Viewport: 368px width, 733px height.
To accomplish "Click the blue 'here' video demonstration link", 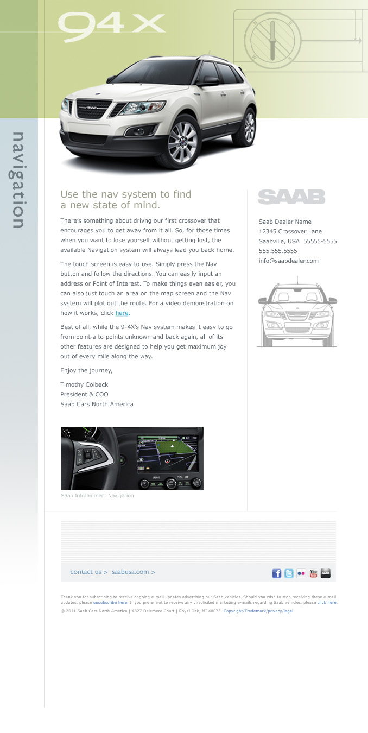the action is pos(122,313).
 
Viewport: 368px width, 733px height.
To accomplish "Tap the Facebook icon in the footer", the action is pos(276,573).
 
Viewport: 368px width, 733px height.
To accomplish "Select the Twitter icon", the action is pos(289,573).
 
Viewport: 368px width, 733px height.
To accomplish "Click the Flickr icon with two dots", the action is pos(301,573).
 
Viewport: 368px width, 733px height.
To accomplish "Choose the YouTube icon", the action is pos(313,573).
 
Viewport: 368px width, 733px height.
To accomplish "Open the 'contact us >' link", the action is pos(89,572).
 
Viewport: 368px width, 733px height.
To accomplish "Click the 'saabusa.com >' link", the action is pos(134,572).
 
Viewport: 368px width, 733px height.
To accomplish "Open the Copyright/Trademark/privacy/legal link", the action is pos(258,611).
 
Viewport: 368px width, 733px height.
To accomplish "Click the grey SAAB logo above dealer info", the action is pos(291,197).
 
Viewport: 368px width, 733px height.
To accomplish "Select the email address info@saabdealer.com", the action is pos(289,261).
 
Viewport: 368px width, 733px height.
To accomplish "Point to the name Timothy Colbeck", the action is pos(84,384).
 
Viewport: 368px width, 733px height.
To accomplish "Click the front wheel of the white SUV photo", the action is pos(182,142).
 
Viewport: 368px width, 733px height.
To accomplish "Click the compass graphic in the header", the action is pos(272,41).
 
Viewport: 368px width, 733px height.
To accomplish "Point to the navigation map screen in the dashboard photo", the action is pos(168,454).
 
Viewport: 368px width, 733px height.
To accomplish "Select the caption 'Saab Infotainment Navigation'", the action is pos(97,496).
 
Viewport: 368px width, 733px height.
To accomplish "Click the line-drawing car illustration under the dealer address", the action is pos(297,313).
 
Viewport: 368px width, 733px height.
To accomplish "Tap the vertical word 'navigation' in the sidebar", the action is pos(18,180).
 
